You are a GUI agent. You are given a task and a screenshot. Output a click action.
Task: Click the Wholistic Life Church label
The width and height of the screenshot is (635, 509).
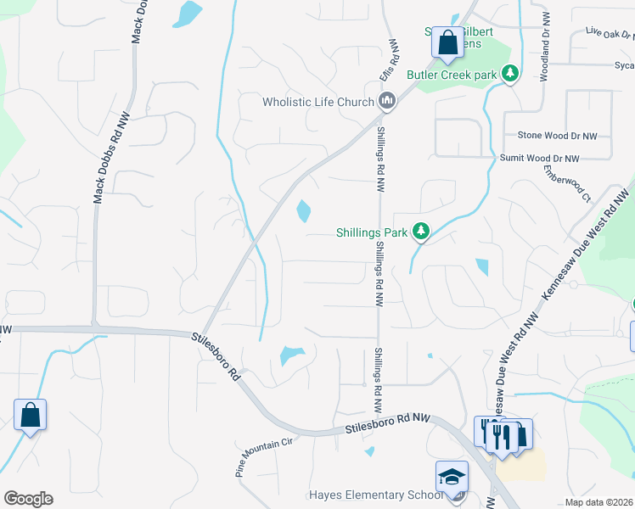tap(318, 102)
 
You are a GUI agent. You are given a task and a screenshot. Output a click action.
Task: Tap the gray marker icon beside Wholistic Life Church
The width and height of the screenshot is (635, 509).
tap(387, 102)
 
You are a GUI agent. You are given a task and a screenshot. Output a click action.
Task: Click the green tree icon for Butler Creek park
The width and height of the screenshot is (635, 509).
tap(510, 74)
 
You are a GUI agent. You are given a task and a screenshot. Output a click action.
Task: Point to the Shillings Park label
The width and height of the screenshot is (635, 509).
tap(371, 230)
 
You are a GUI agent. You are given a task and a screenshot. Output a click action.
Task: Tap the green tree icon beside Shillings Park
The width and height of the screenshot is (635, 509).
tap(420, 230)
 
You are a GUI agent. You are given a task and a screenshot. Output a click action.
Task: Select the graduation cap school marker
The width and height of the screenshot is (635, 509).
tap(452, 476)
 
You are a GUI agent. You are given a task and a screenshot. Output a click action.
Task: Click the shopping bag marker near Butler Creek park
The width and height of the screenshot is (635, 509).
tap(447, 42)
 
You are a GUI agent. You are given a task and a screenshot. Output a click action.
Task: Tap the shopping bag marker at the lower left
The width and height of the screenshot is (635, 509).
tap(30, 415)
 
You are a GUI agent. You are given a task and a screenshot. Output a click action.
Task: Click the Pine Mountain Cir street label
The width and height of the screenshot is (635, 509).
tap(264, 455)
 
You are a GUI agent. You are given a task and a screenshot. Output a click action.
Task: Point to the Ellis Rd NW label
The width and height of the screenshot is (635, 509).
tap(390, 59)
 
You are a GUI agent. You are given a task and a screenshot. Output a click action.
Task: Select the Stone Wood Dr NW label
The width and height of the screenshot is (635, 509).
tap(558, 135)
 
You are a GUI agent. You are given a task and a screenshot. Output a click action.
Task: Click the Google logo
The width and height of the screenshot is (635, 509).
tap(28, 499)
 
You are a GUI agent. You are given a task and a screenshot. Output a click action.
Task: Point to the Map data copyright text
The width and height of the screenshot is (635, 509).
tap(599, 502)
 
